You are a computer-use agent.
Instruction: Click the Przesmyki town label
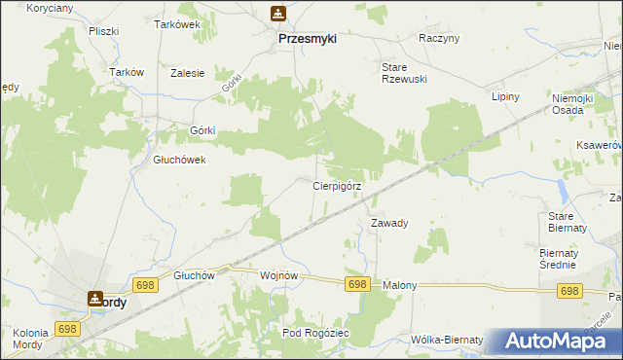click(307, 39)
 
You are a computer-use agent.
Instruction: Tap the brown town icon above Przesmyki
click(278, 14)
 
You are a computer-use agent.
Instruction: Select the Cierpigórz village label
click(337, 185)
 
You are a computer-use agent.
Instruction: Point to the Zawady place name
click(389, 223)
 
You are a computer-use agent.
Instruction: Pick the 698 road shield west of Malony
click(357, 284)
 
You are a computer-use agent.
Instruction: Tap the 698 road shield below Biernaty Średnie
click(569, 291)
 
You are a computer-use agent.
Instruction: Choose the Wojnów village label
click(277, 275)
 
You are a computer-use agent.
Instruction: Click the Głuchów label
click(193, 275)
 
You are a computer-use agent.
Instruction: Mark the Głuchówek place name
click(179, 161)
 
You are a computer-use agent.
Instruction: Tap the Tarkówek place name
click(177, 25)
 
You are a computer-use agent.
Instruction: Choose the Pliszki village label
click(102, 31)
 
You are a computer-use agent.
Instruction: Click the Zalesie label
click(187, 73)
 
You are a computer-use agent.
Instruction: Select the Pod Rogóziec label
click(315, 333)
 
